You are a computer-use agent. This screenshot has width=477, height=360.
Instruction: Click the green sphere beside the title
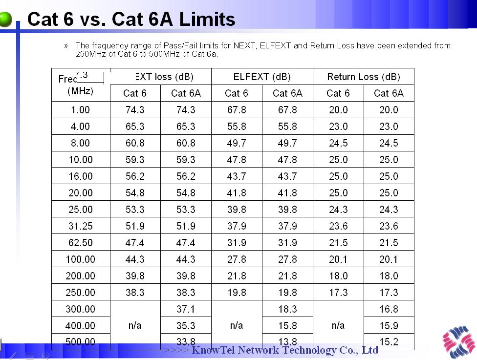6,19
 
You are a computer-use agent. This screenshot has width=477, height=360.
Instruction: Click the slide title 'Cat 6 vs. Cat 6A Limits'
131,19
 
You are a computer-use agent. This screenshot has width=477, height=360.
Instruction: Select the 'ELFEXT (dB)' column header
262,77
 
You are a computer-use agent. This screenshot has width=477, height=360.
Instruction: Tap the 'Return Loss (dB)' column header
363,77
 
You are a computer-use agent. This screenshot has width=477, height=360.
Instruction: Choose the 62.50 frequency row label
80,243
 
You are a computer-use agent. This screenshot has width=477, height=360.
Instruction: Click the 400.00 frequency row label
80,326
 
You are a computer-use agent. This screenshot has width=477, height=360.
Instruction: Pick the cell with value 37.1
186,309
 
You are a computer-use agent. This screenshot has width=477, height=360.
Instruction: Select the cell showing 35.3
186,326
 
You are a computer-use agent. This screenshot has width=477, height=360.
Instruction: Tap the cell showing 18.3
287,309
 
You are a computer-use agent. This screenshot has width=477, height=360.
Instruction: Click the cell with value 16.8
389,309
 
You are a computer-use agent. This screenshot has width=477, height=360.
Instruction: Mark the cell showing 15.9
389,326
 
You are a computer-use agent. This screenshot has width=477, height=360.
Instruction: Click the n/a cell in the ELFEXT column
237,325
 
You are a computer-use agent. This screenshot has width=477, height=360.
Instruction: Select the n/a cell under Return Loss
338,325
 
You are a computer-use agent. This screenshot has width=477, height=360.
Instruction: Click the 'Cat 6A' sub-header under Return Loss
389,93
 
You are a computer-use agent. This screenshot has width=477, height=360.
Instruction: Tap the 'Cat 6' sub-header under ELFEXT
237,93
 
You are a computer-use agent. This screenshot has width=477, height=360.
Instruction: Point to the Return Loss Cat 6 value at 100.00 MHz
338,259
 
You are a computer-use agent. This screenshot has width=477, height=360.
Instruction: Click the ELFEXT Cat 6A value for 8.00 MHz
287,143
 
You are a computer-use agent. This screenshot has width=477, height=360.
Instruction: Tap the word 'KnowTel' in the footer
213,350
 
